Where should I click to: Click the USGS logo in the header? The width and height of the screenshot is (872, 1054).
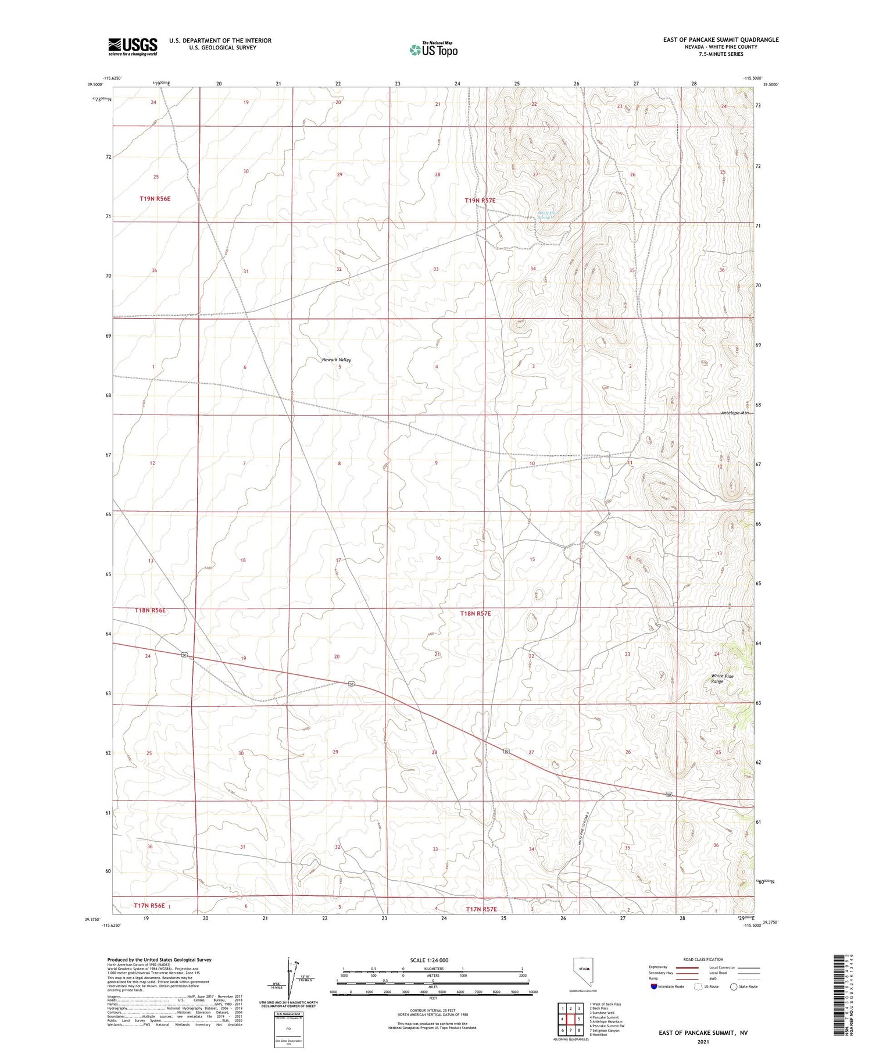133,47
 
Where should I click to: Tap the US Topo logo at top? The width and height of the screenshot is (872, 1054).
433,49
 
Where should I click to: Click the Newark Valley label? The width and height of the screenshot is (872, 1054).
337,360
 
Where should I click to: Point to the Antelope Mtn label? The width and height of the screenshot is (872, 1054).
731,413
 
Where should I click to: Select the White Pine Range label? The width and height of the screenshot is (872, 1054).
722,678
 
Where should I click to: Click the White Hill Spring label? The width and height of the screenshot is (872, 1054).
546,215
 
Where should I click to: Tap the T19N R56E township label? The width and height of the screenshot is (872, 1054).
155,199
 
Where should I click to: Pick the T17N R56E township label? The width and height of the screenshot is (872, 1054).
149,906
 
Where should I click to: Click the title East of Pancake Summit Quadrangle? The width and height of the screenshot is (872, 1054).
720,40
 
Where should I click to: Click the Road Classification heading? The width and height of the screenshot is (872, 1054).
703,959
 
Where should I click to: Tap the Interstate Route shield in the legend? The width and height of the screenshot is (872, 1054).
653,986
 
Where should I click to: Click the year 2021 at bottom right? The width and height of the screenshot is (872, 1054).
703,1041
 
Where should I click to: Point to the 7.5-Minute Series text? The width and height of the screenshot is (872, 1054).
721,54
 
